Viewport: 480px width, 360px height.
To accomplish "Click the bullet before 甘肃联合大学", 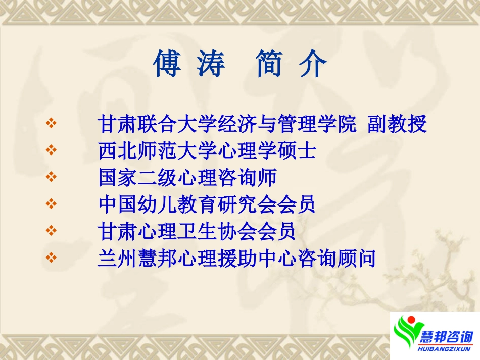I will click(x=51, y=123).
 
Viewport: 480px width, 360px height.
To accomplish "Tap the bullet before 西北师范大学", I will click(x=51, y=150).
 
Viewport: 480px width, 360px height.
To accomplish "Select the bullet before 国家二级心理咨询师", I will click(x=51, y=177).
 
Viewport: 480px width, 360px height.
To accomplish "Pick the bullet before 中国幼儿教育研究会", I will click(x=51, y=204).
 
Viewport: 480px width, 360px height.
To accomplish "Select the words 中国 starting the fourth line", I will click(x=116, y=205).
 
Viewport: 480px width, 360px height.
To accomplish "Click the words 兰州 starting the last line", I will click(x=116, y=259).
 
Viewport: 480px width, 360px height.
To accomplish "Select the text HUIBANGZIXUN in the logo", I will click(x=447, y=348).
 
